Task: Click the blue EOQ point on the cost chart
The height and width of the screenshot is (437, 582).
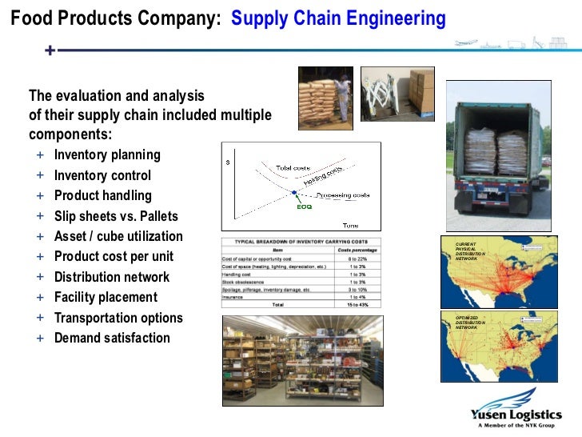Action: coord(294,193)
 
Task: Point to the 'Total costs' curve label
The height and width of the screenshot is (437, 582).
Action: coord(293,168)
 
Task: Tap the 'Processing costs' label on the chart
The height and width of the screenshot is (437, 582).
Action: coord(342,194)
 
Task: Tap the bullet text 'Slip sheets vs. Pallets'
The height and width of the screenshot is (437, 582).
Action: coord(116,216)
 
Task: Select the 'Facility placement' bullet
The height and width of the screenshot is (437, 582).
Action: coord(106,297)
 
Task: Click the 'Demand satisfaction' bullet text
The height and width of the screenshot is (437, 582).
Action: coord(112,338)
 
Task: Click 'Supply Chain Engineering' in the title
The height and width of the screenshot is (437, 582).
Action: coord(338,18)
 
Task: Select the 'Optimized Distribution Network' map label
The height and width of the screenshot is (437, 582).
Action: coord(469,322)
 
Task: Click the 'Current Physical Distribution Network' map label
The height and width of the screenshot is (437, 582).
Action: coord(468,250)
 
